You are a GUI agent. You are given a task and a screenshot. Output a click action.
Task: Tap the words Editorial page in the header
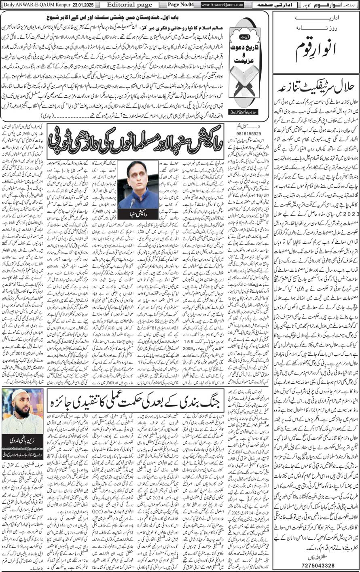(123, 4)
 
